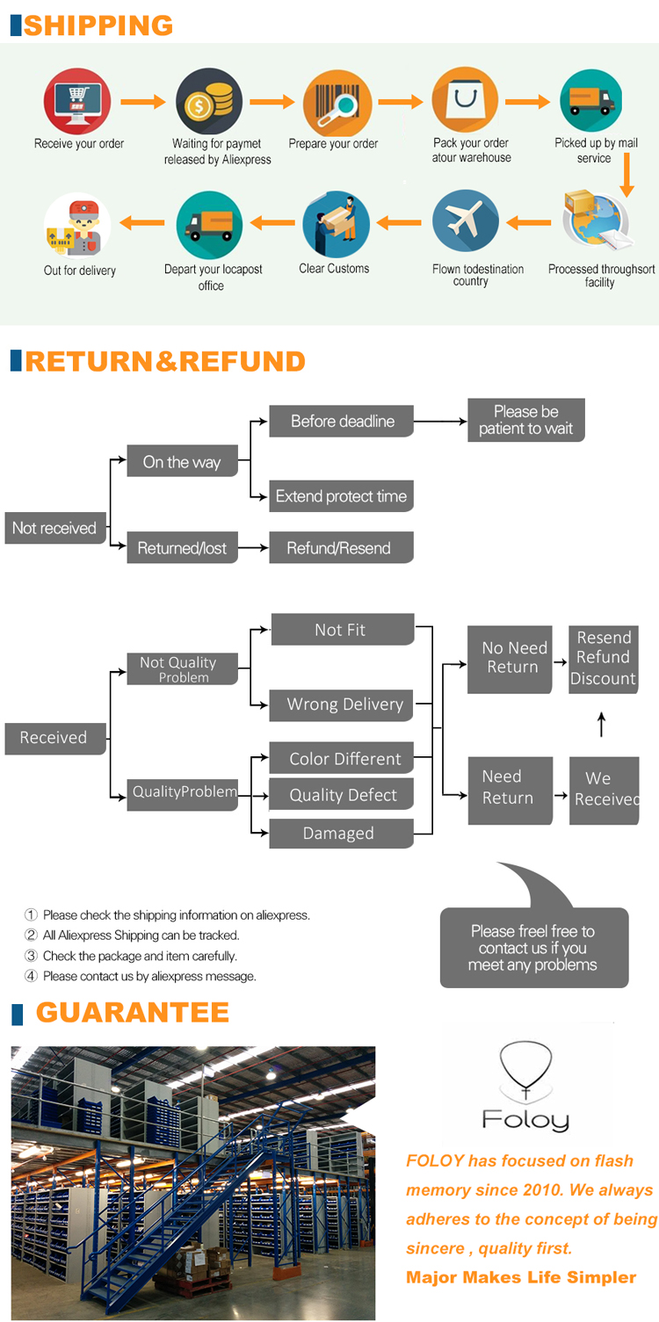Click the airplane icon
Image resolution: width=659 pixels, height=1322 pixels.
pyautogui.click(x=466, y=223)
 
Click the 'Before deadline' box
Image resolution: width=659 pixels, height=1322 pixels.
pyautogui.click(x=342, y=422)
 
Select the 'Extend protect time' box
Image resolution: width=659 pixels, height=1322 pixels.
pyautogui.click(x=341, y=496)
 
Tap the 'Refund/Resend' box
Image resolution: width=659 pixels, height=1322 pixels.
pyautogui.click(x=341, y=548)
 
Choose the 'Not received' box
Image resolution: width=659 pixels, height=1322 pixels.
pyautogui.click(x=54, y=528)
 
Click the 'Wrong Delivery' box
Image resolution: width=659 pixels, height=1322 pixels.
pyautogui.click(x=341, y=704)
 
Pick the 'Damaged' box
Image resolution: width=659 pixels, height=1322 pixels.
pyautogui.click(x=341, y=834)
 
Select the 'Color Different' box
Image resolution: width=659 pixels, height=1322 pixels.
pyautogui.click(x=341, y=759)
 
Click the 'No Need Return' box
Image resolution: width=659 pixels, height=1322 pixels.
pyautogui.click(x=511, y=658)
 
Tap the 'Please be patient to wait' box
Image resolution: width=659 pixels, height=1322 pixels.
pyautogui.click(x=525, y=420)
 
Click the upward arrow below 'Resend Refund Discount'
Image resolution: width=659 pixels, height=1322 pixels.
pyautogui.click(x=602, y=725)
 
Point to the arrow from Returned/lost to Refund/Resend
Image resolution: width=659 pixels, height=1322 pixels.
pyautogui.click(x=253, y=548)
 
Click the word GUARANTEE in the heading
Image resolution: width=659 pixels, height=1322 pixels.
pyautogui.click(x=133, y=1013)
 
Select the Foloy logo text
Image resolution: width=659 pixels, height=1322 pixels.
pyautogui.click(x=525, y=1119)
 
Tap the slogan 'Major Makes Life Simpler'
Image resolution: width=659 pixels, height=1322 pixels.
pyautogui.click(x=521, y=1277)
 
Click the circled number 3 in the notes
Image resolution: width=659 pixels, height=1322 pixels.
pyautogui.click(x=32, y=956)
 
